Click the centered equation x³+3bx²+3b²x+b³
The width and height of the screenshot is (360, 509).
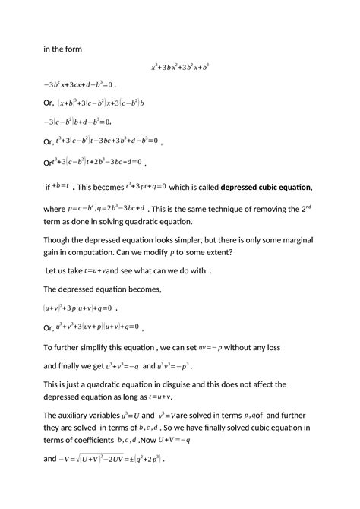[180, 67]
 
